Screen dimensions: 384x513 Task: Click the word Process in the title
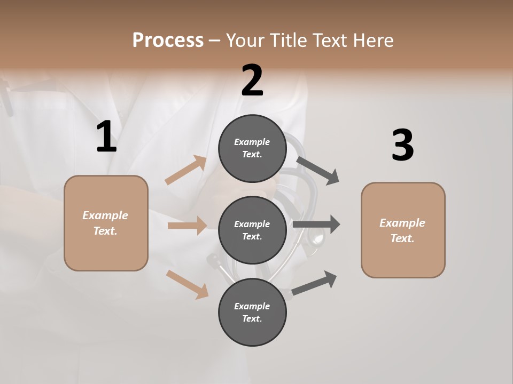168,40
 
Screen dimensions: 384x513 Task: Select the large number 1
106,137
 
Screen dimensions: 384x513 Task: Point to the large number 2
252,81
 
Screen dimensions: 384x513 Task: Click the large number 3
402,146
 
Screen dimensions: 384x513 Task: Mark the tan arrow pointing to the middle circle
188,226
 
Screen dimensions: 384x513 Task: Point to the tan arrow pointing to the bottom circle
188,284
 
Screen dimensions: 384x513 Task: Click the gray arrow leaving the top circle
318,170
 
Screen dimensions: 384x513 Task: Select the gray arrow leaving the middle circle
316,225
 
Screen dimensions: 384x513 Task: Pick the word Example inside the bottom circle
252,306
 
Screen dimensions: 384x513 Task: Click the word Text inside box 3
402,238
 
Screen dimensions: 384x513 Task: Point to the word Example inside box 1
105,215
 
